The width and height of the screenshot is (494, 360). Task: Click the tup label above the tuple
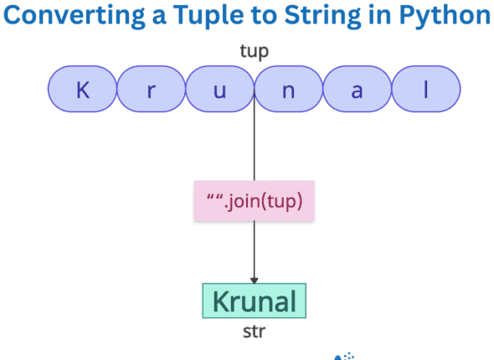click(x=255, y=51)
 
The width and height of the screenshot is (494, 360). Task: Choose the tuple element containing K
click(x=82, y=90)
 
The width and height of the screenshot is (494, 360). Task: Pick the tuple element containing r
click(x=151, y=90)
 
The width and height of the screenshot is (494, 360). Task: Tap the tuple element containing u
click(x=220, y=90)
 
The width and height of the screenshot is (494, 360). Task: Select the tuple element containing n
click(x=289, y=90)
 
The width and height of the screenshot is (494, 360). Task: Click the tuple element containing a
click(x=358, y=90)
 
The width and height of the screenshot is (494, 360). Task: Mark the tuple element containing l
click(x=426, y=90)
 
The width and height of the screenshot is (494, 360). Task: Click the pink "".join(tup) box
click(x=255, y=201)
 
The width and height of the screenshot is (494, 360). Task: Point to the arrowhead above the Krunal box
click(x=255, y=278)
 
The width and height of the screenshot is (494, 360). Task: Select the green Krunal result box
click(x=255, y=301)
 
